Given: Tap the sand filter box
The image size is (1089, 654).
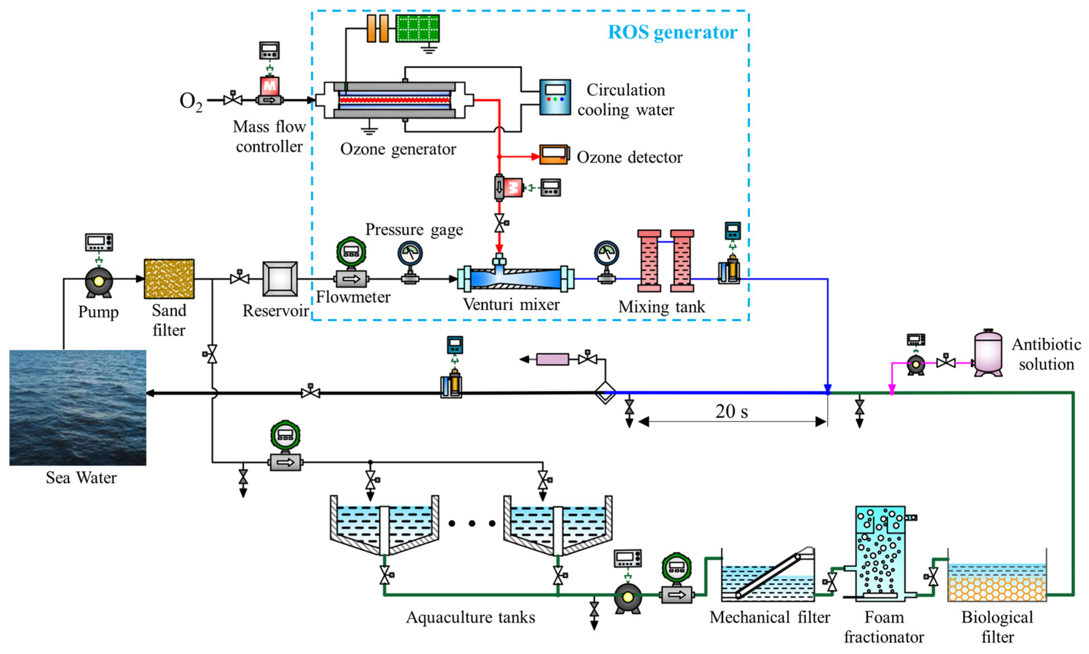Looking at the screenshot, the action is point(169,279).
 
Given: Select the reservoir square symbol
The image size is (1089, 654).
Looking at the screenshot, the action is point(280,279).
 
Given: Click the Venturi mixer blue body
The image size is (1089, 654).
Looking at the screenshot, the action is point(516,278).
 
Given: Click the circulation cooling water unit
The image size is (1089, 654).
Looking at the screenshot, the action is point(555,97).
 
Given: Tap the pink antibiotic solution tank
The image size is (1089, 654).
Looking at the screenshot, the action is point(988,353).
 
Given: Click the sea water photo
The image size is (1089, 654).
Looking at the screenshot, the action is point(78,408).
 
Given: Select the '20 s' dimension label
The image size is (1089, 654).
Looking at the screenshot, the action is point(731,411).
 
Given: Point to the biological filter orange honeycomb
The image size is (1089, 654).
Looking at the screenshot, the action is point(997,588).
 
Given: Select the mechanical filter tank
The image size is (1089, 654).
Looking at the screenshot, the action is point(768,575).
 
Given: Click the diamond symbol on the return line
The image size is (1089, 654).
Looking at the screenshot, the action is point(605,393).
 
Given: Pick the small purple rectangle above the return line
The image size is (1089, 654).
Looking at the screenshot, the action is point(553,359).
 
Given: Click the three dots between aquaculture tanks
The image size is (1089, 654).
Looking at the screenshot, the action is point(472,524).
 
